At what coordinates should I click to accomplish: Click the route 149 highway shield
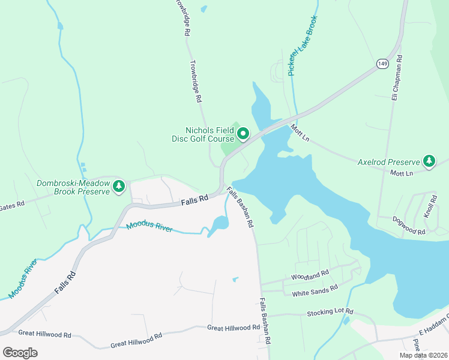382,63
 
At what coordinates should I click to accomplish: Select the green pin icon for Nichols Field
243,134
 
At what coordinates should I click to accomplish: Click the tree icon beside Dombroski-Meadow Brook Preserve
119,187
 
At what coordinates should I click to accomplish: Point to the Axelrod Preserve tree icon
429,161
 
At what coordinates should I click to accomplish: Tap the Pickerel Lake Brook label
301,45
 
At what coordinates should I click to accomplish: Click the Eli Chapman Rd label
396,79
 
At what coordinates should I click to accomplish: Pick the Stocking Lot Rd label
330,313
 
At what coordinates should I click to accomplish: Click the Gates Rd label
12,205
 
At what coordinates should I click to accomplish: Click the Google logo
20,352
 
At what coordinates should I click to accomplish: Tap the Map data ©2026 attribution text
423,355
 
